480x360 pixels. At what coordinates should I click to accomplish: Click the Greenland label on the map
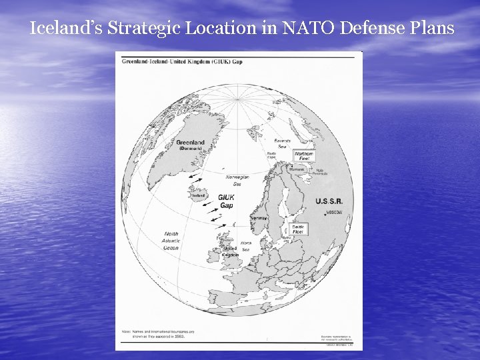[x=190, y=143]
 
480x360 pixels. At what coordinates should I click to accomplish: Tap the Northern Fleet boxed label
[x=303, y=156]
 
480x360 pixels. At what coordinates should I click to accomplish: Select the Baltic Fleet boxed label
[x=298, y=229]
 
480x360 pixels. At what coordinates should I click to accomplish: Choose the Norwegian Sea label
[x=237, y=180]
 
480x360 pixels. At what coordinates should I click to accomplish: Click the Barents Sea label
[x=283, y=143]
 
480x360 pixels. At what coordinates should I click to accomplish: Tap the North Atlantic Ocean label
[x=171, y=241]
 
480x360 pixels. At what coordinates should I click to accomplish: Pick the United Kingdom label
[x=230, y=251]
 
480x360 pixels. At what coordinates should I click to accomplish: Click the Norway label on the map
[x=259, y=218]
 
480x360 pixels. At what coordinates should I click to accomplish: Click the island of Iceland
[x=199, y=195]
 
